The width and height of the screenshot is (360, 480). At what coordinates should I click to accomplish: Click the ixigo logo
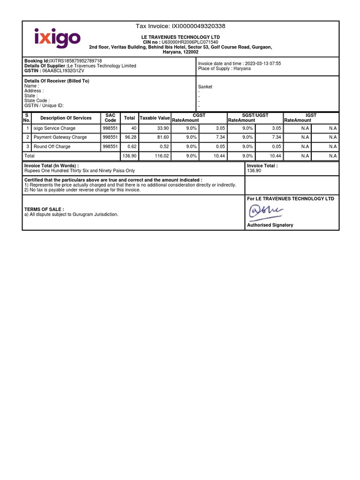pyautogui.click(x=57, y=38)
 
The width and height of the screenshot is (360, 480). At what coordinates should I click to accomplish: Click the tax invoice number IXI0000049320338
pyautogui.click(x=199, y=26)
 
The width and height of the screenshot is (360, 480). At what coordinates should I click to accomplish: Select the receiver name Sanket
pyautogui.click(x=205, y=87)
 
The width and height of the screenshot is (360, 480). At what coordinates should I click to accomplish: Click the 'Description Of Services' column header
pyautogui.click(x=66, y=118)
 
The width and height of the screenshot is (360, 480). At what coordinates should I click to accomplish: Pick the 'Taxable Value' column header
pyautogui.click(x=155, y=118)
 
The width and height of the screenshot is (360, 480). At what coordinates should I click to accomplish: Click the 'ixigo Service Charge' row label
pyautogui.click(x=54, y=128)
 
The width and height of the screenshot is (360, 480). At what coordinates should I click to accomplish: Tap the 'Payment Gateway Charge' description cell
pyautogui.click(x=60, y=137)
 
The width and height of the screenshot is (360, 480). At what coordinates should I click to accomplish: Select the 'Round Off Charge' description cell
pyautogui.click(x=52, y=147)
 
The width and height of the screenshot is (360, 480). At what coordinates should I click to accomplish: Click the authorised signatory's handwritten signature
pyautogui.click(x=266, y=212)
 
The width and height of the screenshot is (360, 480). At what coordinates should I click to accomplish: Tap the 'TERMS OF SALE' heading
pyautogui.click(x=44, y=209)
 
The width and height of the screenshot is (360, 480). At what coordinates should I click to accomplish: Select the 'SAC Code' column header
pyautogui.click(x=111, y=118)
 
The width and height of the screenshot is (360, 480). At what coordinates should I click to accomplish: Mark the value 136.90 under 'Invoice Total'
pyautogui.click(x=254, y=171)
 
